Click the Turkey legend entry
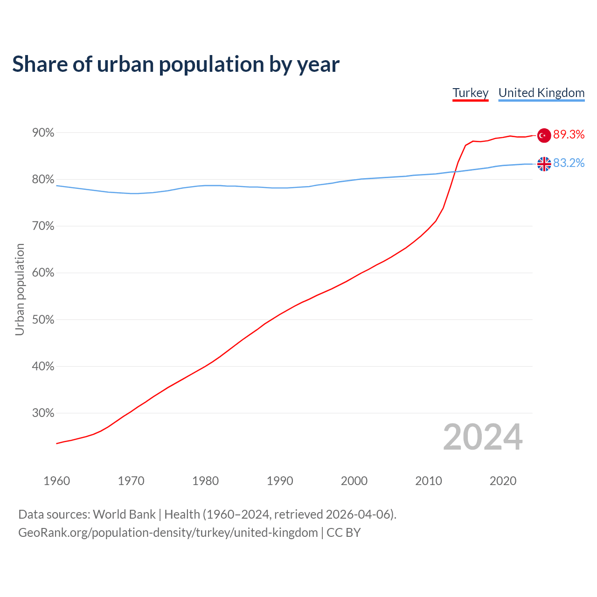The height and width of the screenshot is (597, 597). pos(470,93)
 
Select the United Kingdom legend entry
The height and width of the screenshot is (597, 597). pos(541,93)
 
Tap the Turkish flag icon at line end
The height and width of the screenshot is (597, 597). pos(544,135)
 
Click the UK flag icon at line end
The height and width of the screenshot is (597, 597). pos(544,164)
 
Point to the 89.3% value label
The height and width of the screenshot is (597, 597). pos(569,135)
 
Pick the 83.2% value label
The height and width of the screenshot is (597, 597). pos(569,163)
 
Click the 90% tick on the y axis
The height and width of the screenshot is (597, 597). pos(43,133)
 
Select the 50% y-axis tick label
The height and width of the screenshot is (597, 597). pos(43,320)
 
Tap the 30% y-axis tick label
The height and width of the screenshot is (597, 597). pos(43,413)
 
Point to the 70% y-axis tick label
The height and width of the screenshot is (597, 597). pos(43,226)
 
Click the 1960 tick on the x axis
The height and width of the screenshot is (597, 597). pos(56,481)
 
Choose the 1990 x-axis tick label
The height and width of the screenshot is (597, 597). pos(280,481)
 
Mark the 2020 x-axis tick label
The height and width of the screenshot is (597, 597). pos(503,481)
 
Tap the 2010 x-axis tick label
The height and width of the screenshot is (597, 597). pos(429,481)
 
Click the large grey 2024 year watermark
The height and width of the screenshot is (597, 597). pos(483,437)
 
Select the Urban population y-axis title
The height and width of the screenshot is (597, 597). pos(20,289)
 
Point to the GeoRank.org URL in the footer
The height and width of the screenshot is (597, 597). pos(168,533)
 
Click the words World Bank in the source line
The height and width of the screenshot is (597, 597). pos(124,514)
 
